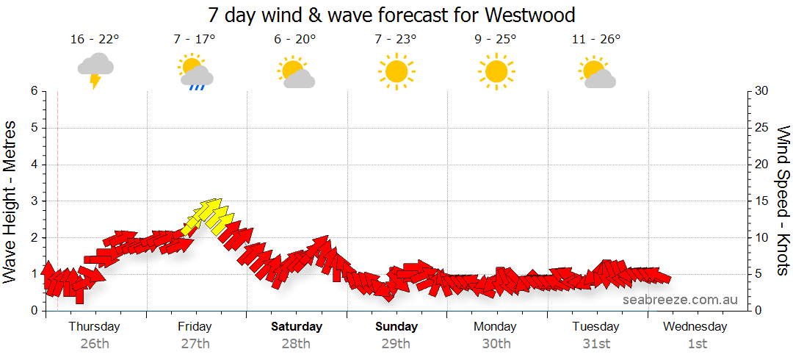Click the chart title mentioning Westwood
(x=391, y=15)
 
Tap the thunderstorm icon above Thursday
(x=95, y=70)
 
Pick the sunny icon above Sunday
(x=396, y=71)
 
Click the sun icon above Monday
(x=496, y=71)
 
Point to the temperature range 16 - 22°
(x=95, y=40)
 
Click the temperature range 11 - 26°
(x=596, y=40)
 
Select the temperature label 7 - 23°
(x=396, y=40)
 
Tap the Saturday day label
(x=296, y=326)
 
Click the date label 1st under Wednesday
(x=697, y=343)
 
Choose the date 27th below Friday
(x=195, y=343)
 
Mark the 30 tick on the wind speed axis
(x=763, y=91)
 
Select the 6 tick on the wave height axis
(x=33, y=91)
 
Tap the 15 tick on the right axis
(x=762, y=201)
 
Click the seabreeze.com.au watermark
(x=680, y=300)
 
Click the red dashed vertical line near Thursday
(x=57, y=184)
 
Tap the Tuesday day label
(x=595, y=326)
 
